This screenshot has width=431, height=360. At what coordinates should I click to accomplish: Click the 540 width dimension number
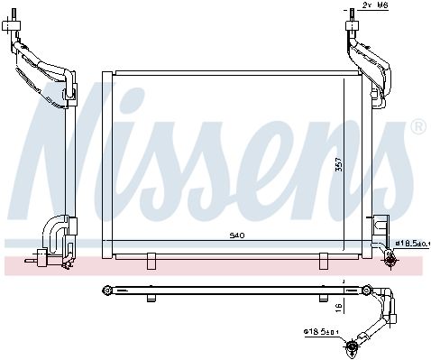(x=237, y=235)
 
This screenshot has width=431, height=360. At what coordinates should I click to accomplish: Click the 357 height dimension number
(x=339, y=164)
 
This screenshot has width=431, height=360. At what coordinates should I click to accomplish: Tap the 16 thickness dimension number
(x=339, y=307)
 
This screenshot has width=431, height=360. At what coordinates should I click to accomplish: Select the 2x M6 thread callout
(x=375, y=5)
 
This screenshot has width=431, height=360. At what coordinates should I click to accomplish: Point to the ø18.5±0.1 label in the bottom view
(x=321, y=332)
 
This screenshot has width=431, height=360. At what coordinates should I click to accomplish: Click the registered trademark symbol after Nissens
(x=418, y=126)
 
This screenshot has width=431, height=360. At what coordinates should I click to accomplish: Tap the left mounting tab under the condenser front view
(x=151, y=261)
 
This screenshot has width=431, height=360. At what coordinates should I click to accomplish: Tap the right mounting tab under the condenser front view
(x=324, y=261)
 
